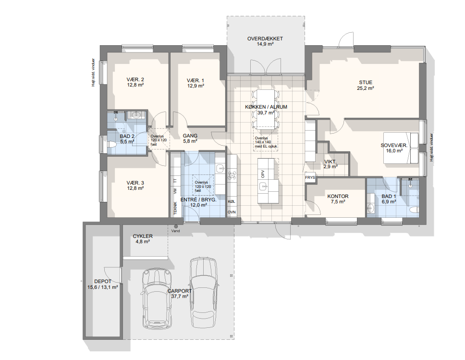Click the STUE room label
[x=366, y=83]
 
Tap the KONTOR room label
[x=338, y=197]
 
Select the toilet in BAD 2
[x=111, y=145]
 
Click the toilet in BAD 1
[x=414, y=209]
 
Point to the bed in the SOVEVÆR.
[x=401, y=148]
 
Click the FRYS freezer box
[x=310, y=177]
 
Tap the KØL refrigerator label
[x=232, y=201]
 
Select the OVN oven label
[x=232, y=212]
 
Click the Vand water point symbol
[x=176, y=226]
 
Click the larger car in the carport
[x=203, y=293]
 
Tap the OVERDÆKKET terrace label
[x=265, y=38]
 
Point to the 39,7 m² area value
[x=265, y=113]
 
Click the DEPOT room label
[x=103, y=281]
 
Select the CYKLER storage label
[x=143, y=236]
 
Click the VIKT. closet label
[x=330, y=162]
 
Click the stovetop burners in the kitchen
[x=232, y=175]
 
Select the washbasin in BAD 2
[x=137, y=115]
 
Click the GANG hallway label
[x=190, y=136]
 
